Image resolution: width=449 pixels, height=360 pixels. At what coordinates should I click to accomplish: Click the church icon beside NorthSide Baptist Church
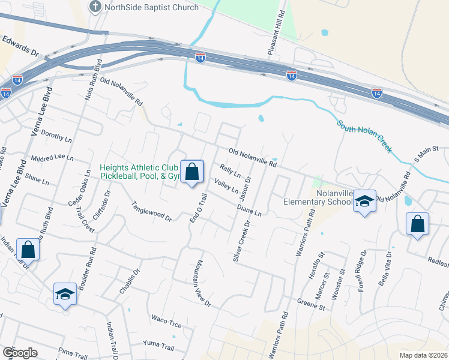point(95,7)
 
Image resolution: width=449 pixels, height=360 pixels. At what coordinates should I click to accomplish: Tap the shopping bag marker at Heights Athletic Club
point(191,173)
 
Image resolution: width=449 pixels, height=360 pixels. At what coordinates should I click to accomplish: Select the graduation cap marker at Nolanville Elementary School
point(364,202)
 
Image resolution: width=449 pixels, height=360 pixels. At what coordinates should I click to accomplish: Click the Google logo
point(19,353)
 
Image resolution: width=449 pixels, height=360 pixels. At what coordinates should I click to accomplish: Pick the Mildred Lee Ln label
point(53,159)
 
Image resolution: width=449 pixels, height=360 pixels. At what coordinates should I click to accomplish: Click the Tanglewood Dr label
point(152,211)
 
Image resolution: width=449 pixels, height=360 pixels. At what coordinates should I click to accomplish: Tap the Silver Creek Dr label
point(241,240)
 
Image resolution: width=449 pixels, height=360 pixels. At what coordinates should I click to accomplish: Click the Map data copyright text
point(423,355)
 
